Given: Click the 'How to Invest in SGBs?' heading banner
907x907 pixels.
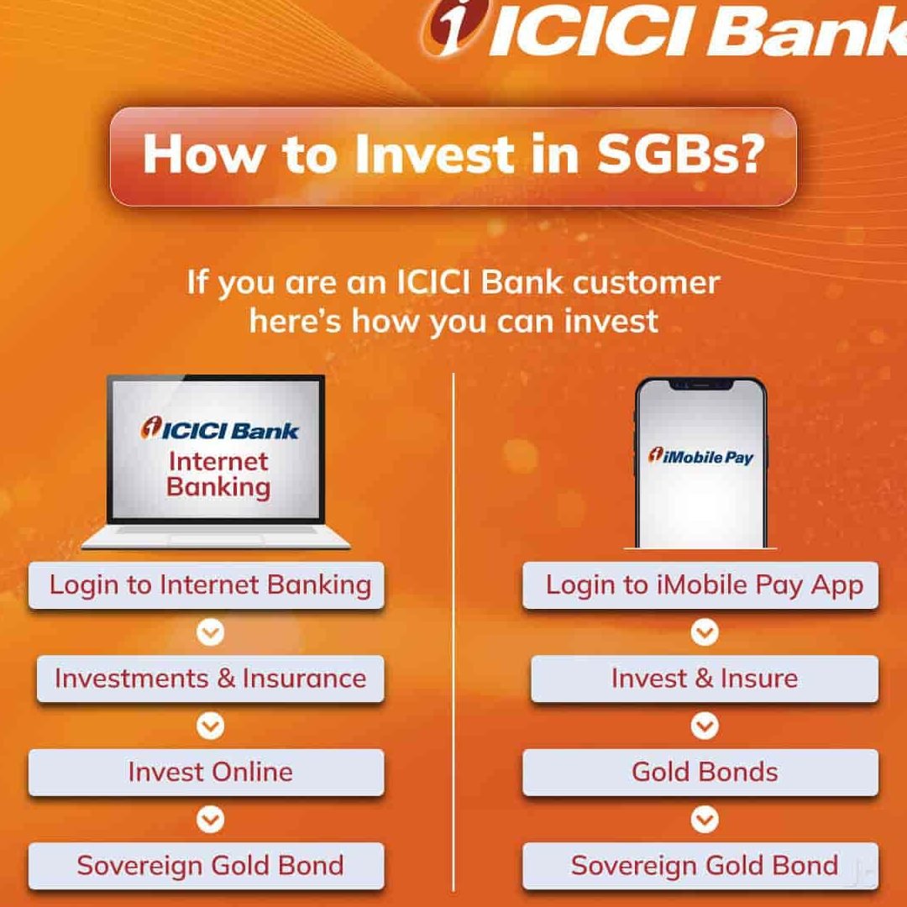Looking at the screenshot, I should click(453, 155).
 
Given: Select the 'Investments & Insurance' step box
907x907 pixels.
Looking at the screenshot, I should click(210, 679).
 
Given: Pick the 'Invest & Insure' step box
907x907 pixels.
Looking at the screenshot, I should click(704, 679).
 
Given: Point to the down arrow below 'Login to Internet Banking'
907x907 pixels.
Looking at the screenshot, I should click(210, 632).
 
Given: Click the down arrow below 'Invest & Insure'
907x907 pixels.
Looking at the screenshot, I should click(704, 726).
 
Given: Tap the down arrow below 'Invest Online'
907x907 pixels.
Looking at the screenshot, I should click(210, 819).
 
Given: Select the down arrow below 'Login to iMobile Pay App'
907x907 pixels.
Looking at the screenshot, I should click(704, 632).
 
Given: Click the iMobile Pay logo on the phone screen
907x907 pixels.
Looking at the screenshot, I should click(700, 456).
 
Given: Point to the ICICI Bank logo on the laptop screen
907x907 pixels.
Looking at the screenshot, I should click(218, 430).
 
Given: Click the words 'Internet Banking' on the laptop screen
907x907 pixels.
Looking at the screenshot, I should click(218, 474).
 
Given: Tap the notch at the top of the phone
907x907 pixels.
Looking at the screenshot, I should click(700, 385).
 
